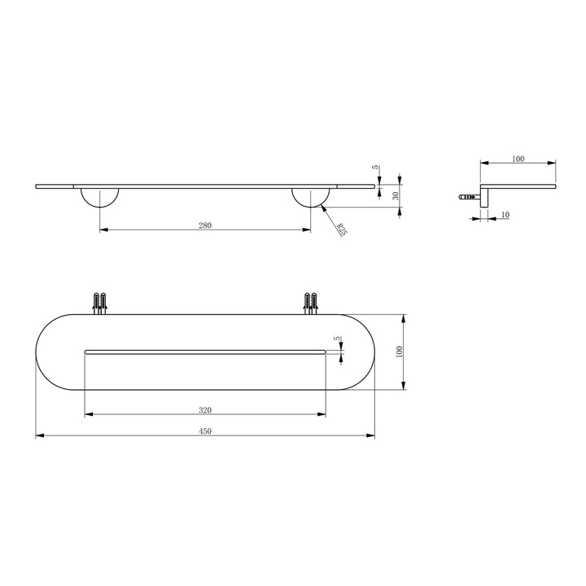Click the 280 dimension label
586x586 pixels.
click(204, 225)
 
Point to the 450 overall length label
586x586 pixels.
click(204, 431)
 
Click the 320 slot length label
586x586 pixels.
click(204, 409)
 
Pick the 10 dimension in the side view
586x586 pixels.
click(505, 214)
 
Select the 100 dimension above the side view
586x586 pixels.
click(518, 159)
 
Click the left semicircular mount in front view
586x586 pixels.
click(100, 197)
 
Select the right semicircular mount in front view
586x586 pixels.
click(311, 197)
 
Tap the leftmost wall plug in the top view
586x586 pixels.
click(97, 302)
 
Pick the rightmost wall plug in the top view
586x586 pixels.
click(315, 302)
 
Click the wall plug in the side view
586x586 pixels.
click(467, 196)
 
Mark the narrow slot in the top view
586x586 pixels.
click(204, 351)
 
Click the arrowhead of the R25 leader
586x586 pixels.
click(324, 208)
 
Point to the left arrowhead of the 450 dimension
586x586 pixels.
click(38, 436)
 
